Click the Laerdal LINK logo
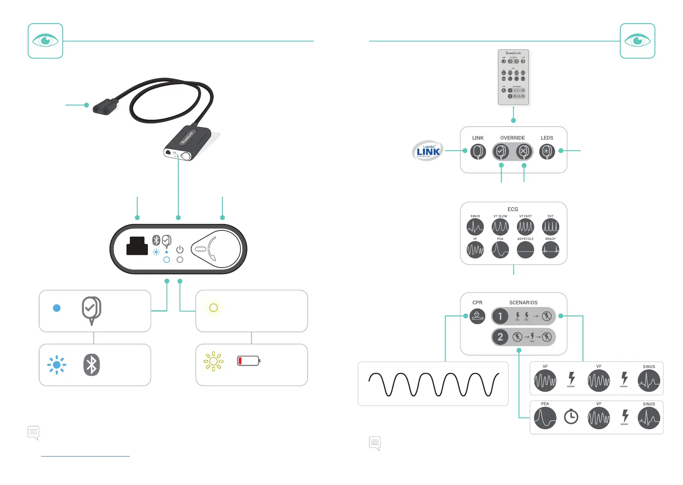(x=427, y=151)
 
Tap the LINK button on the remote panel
(x=478, y=151)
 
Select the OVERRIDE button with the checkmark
(x=501, y=151)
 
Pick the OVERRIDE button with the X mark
(x=523, y=151)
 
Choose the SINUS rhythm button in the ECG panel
(x=475, y=227)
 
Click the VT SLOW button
(x=500, y=227)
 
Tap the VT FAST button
(x=525, y=227)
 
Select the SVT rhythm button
(x=550, y=227)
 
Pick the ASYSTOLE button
(x=525, y=250)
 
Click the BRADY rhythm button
(x=550, y=250)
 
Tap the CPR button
(x=477, y=316)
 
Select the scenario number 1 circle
(x=500, y=316)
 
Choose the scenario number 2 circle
(x=500, y=337)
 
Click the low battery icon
(x=248, y=361)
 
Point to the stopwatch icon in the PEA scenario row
(x=571, y=417)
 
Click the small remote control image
(x=513, y=77)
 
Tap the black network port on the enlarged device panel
(x=137, y=246)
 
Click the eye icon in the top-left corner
(x=45, y=41)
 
